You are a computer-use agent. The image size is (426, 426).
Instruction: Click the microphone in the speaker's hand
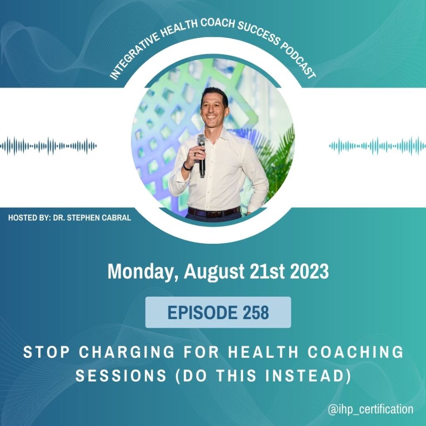point(202,155)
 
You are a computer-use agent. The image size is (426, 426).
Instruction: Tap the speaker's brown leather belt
point(214,212)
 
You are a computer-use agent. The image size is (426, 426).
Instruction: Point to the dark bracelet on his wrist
point(187,166)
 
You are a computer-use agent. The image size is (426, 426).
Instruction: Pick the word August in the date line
point(214,272)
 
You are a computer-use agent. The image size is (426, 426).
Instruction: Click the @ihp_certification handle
point(371,409)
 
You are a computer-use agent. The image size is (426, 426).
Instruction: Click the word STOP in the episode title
point(47,352)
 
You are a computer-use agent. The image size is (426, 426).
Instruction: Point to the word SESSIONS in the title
point(121,376)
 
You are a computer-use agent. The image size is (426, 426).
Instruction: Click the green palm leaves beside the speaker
point(277,160)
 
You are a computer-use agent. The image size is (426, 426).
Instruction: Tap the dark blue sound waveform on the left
point(48,146)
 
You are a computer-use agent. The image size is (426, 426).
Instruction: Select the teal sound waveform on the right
point(377,146)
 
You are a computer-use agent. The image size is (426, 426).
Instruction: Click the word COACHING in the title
point(356,352)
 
